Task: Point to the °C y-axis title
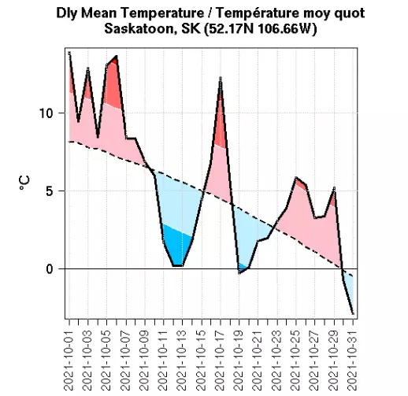[x=24, y=183]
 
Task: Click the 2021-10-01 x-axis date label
[x=69, y=359]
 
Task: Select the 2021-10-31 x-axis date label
[x=353, y=359]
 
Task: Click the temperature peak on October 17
[x=221, y=78]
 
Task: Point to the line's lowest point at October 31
[x=353, y=314]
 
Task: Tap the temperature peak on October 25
[x=295, y=178]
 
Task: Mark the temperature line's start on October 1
[x=69, y=53]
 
